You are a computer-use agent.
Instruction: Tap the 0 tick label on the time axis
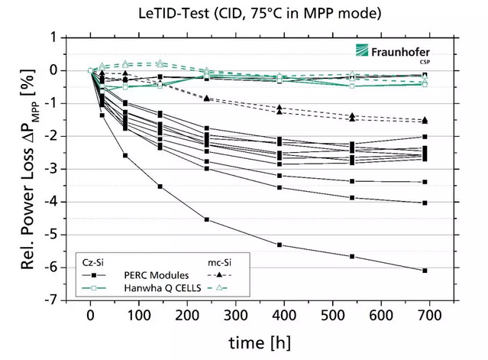pos(91,316)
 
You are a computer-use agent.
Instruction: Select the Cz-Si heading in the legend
pos(95,261)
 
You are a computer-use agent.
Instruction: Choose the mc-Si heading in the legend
pos(222,261)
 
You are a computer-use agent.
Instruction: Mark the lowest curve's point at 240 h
pos(207,219)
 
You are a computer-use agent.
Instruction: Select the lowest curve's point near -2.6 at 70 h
pos(125,155)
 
